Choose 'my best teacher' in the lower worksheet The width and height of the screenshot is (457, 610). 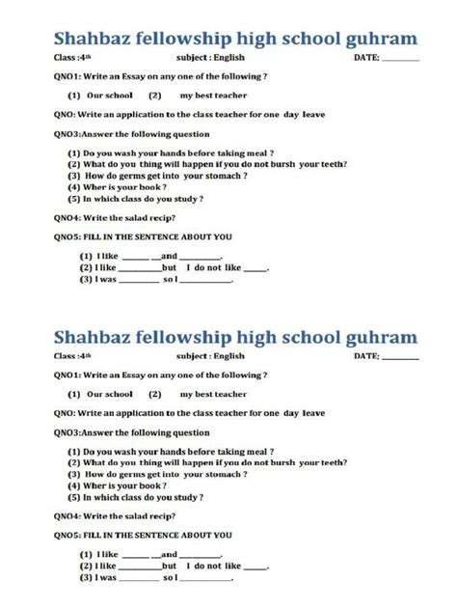pyautogui.click(x=213, y=394)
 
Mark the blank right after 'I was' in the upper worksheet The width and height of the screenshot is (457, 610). pyautogui.click(x=138, y=279)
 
